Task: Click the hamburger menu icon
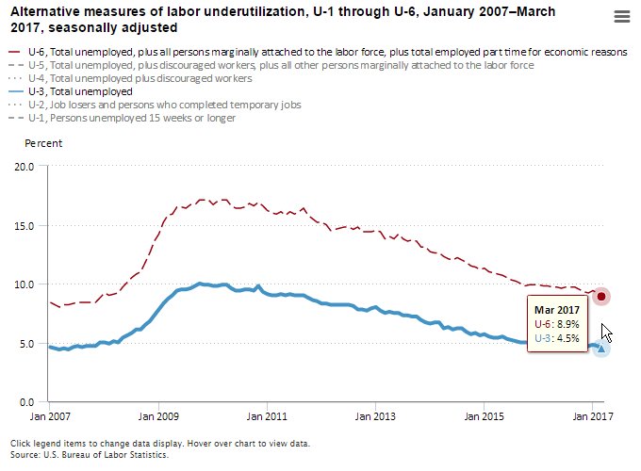click(x=621, y=17)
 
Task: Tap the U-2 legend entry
click(x=159, y=106)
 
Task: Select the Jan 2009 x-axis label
click(x=159, y=415)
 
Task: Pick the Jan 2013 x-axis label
click(x=375, y=415)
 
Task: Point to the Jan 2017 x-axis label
click(x=591, y=415)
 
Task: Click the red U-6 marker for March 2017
click(x=602, y=297)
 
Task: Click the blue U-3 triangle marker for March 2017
click(x=601, y=349)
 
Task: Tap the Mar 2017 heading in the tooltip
click(x=556, y=310)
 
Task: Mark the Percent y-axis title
click(x=43, y=143)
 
